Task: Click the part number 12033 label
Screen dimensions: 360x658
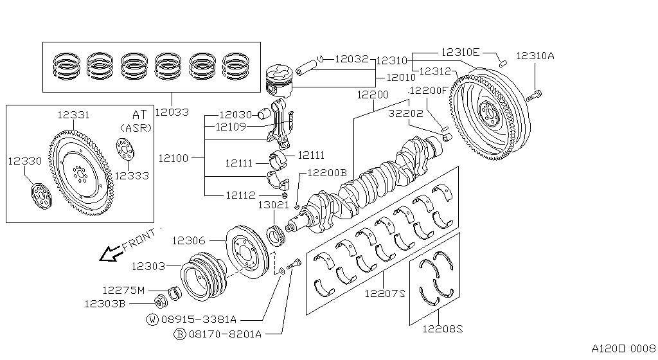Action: pos(171,112)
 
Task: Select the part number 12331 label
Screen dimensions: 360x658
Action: pos(73,114)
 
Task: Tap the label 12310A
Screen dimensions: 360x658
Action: pos(535,56)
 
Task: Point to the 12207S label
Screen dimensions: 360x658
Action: pos(385,294)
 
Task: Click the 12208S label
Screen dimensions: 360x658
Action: pos(442,328)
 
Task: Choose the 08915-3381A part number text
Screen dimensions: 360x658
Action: pos(199,318)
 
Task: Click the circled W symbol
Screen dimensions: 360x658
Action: pos(152,319)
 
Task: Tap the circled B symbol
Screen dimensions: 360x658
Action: pos(180,334)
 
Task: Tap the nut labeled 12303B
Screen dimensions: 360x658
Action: pos(161,300)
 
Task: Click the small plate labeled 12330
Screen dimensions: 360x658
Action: pos(40,195)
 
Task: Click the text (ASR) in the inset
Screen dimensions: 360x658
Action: pos(136,127)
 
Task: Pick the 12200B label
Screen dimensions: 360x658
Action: pos(326,173)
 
